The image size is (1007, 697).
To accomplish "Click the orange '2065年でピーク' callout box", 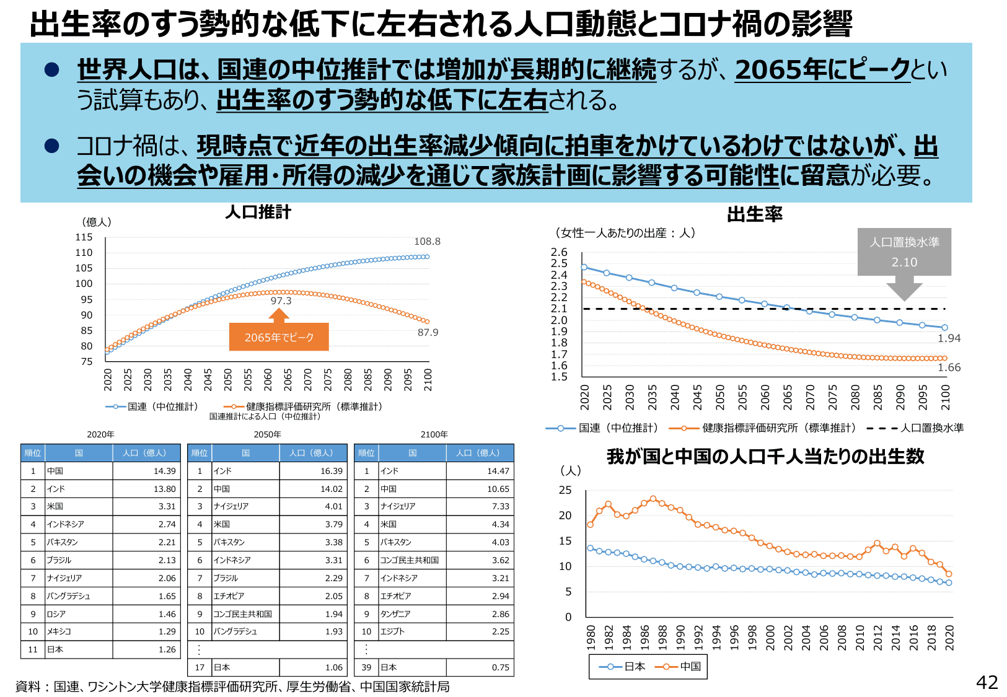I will tap(279, 337).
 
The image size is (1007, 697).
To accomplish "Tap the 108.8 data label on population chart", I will tap(427, 242).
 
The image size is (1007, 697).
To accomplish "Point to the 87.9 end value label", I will tap(428, 333).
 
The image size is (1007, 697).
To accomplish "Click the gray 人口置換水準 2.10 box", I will tap(904, 252).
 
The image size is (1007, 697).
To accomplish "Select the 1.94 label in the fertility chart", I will tap(949, 338).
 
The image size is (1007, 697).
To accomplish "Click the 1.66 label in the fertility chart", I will tap(949, 367).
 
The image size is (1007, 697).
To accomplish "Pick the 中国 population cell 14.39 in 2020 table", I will tap(164, 471).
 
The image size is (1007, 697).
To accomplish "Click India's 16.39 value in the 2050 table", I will tap(331, 471).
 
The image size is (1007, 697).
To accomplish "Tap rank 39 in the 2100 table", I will tap(366, 667).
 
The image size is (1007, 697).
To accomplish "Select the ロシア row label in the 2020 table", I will tap(56, 614).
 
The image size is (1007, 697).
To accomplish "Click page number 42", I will tap(987, 682).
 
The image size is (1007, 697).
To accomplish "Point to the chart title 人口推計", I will tap(258, 213).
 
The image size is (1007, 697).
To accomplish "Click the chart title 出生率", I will tap(754, 214).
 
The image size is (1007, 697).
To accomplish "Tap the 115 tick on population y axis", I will tap(84, 237).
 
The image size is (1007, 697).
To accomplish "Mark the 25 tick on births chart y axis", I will tap(565, 490).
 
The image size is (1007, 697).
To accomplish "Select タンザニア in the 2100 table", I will tap(395, 614).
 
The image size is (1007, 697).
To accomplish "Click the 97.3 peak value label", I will tap(281, 301).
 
